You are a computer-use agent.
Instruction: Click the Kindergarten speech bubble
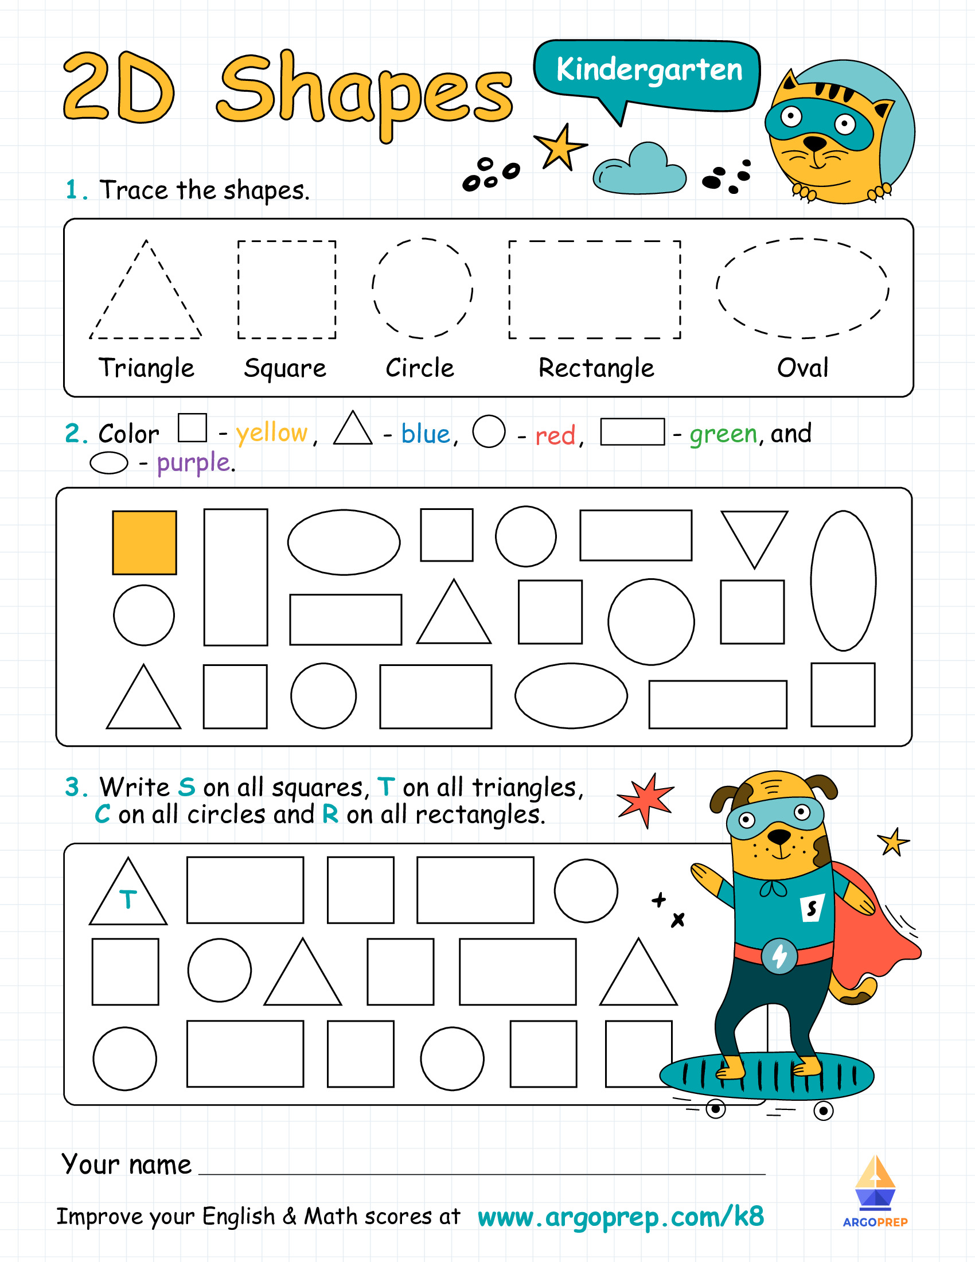pos(647,72)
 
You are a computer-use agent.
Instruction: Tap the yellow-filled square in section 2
pos(145,542)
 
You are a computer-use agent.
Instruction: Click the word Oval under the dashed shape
pos(802,368)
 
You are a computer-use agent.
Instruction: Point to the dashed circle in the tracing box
pos(422,288)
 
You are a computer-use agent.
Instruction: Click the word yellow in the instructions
pos(271,433)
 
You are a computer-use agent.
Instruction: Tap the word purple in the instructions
pos(193,463)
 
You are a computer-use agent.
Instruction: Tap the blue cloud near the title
pos(640,170)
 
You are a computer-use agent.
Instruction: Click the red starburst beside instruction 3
pos(646,800)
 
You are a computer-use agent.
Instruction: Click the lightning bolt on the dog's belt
pos(779,956)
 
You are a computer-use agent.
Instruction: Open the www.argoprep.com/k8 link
pos(621,1217)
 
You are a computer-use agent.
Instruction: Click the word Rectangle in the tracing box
pos(596,368)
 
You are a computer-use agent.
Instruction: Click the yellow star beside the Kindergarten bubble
pos(559,147)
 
